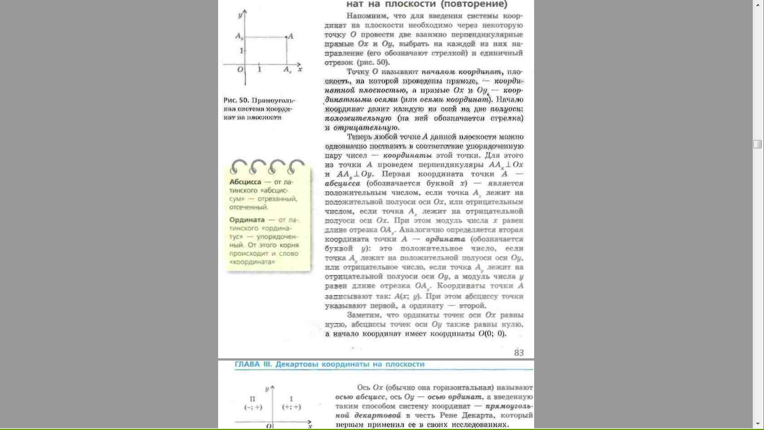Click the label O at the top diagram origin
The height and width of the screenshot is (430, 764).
coord(240,70)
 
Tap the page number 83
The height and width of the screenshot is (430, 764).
coord(518,352)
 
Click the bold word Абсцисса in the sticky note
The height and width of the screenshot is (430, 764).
coord(245,182)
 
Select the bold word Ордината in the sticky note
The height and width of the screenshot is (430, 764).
coord(247,220)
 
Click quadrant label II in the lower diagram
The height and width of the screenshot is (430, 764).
coord(252,399)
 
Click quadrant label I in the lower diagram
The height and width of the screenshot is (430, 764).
coord(291,399)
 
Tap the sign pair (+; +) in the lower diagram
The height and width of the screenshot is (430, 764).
coord(291,407)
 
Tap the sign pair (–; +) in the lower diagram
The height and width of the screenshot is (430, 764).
coord(253,407)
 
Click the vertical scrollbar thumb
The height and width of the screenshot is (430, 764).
coord(757,144)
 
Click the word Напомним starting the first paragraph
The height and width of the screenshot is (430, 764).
coord(365,16)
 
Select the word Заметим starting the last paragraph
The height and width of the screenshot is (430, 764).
coord(365,315)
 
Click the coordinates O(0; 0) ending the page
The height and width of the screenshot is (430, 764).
coord(492,334)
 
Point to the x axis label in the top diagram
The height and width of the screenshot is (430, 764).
coord(300,69)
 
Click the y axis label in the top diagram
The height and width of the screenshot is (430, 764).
coord(239,14)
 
